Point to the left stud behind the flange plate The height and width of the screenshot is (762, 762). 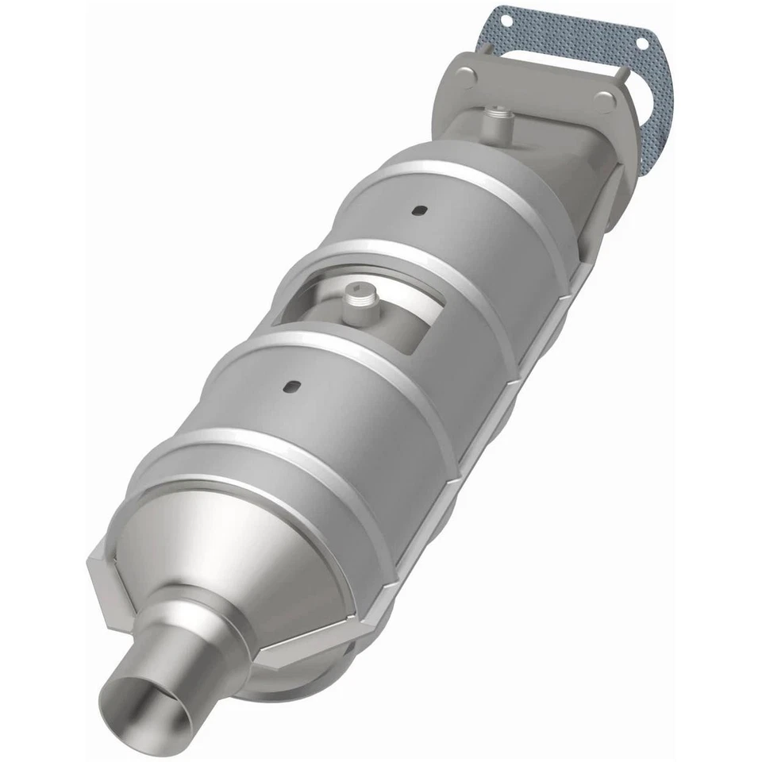[486, 48]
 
